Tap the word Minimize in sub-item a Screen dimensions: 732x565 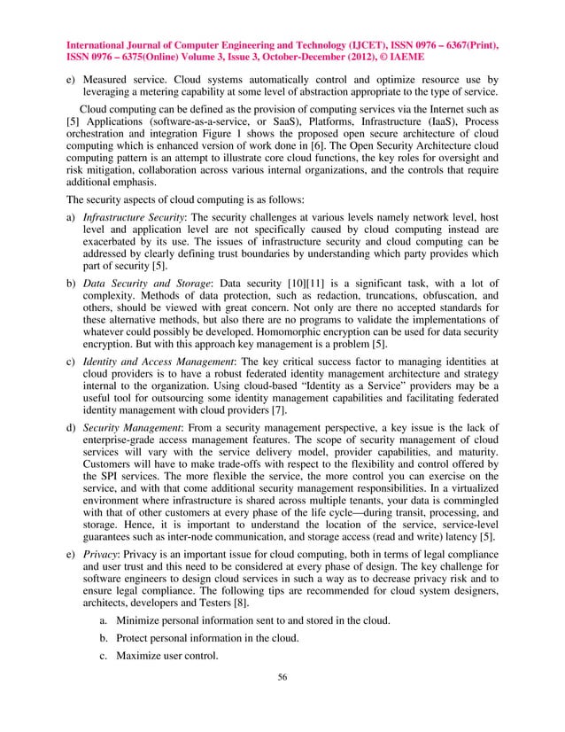tap(143, 621)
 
